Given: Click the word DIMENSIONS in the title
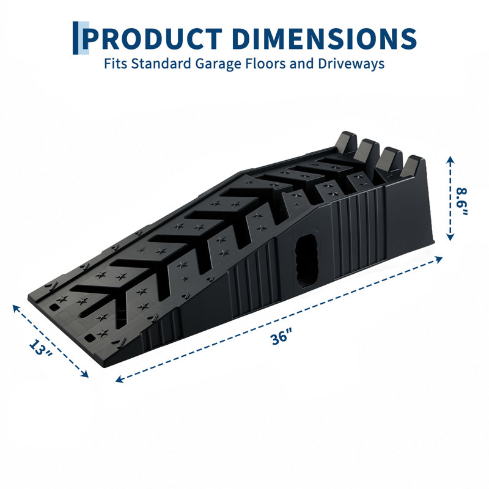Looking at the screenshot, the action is (325, 39).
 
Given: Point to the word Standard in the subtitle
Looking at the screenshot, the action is (161, 64).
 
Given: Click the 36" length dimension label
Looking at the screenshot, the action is (280, 339).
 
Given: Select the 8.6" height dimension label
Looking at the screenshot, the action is (461, 201).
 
